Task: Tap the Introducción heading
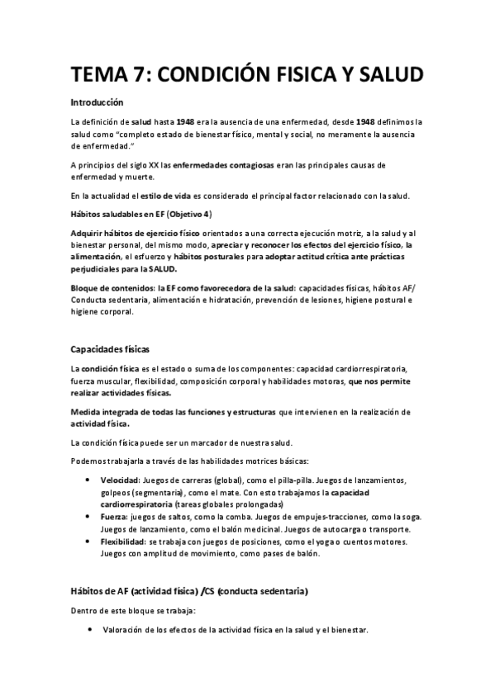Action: [97, 103]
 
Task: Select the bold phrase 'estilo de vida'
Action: [179, 196]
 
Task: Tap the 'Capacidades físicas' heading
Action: [109, 348]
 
